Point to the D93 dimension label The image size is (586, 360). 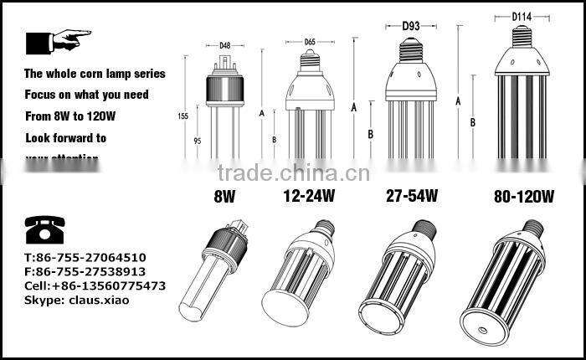[x=412, y=25]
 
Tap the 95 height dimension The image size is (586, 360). [x=198, y=141]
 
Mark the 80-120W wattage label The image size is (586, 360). [x=524, y=198]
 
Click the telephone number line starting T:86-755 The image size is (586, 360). [x=85, y=258]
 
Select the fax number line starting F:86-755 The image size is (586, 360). [x=85, y=271]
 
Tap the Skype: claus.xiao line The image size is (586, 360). [x=78, y=300]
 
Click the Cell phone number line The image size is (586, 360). [x=95, y=285]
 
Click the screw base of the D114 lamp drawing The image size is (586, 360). [x=522, y=31]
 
